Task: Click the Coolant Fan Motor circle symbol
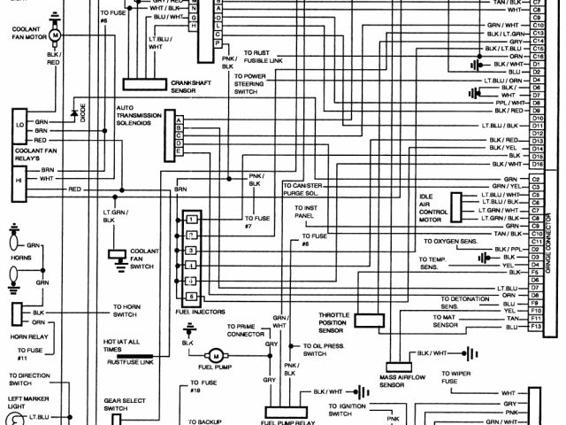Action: click(x=54, y=35)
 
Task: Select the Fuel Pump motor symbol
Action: click(x=214, y=355)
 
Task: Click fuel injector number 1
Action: click(x=190, y=218)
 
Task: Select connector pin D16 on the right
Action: click(x=536, y=164)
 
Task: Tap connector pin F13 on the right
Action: click(x=536, y=328)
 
